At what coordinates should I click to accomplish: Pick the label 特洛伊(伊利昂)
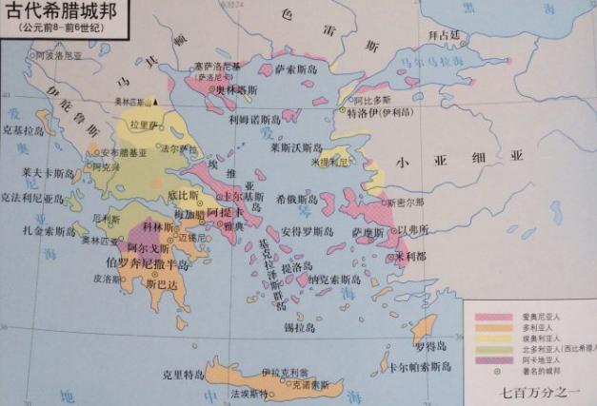[377, 111]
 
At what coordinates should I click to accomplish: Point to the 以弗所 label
[412, 229]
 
